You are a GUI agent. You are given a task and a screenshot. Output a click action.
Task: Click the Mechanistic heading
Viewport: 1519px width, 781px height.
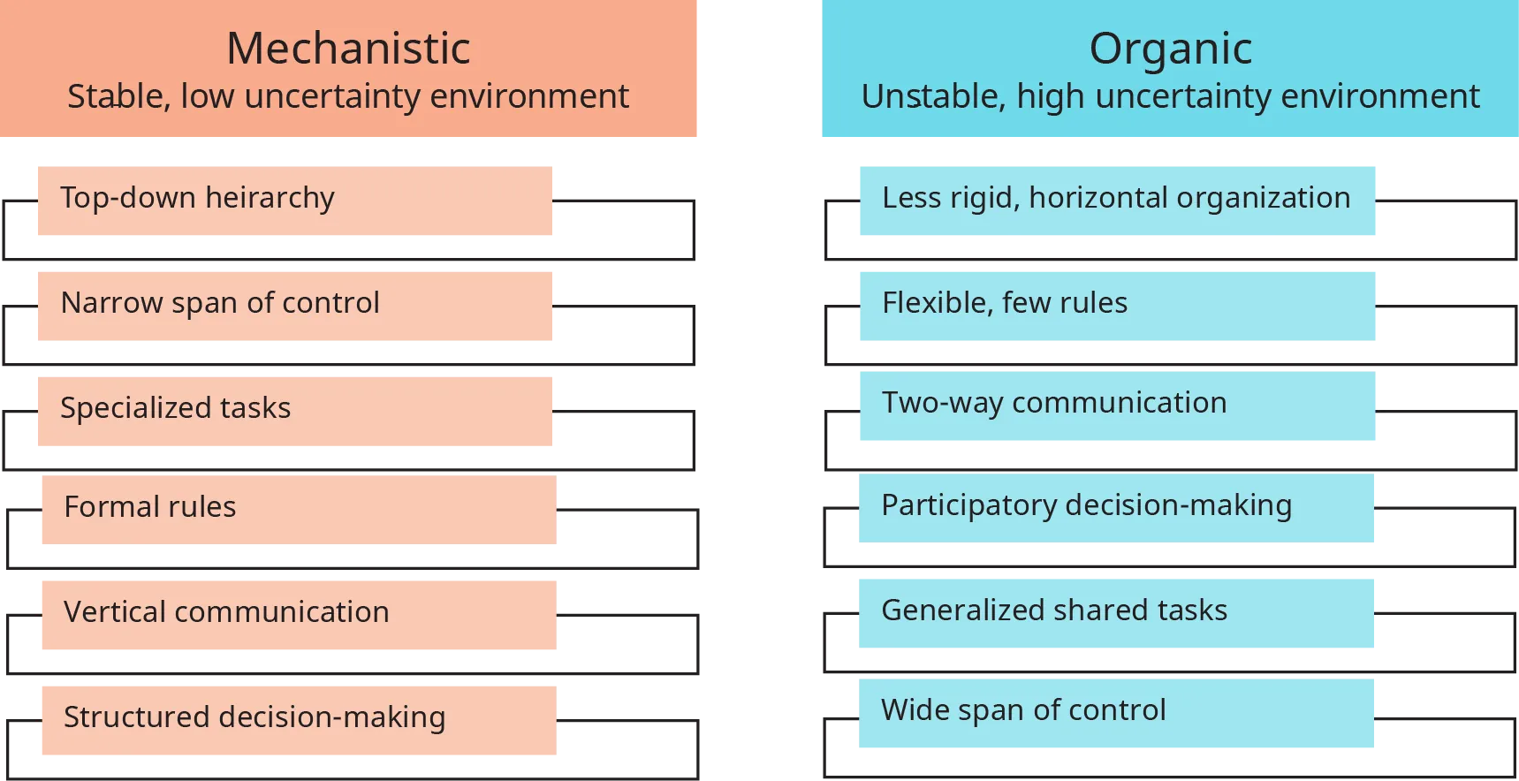pos(348,48)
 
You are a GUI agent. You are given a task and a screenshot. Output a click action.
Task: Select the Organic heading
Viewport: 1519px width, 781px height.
pos(1170,48)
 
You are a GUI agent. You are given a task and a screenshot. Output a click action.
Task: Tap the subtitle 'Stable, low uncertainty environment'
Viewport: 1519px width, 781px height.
pos(348,96)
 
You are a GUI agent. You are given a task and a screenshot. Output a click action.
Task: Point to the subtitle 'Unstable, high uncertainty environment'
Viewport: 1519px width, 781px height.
pos(1170,96)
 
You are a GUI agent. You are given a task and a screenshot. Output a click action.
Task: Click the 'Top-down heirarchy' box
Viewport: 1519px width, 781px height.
pos(296,201)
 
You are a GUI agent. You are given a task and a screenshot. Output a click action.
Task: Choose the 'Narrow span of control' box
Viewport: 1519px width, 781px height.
pos(296,306)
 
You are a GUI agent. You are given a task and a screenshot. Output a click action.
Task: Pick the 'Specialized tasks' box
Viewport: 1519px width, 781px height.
pos(296,412)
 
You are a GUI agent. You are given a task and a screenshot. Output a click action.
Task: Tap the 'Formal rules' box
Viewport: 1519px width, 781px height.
pos(298,509)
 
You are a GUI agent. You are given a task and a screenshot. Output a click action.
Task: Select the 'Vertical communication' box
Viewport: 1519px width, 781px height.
pos(298,614)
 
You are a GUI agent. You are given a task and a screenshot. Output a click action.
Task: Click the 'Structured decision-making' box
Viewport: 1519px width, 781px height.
pos(298,720)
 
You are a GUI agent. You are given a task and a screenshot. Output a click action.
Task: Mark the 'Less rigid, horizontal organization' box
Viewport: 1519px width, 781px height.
pos(1116,201)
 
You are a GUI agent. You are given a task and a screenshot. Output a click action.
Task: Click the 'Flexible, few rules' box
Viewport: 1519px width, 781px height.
pos(1116,306)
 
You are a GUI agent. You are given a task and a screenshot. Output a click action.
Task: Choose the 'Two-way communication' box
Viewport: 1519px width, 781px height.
pos(1116,406)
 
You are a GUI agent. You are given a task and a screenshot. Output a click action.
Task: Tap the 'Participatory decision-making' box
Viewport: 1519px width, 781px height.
pos(1116,508)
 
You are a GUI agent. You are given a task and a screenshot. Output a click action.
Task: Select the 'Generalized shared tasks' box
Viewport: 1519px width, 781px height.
pos(1116,611)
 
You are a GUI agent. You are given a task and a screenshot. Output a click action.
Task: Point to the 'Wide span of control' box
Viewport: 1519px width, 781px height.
pos(1116,712)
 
